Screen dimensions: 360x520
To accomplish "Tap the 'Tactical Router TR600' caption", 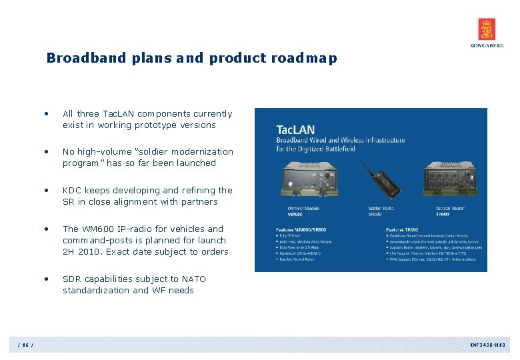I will coord(451,211).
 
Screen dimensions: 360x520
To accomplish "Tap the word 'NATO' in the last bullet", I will coord(193,279).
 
